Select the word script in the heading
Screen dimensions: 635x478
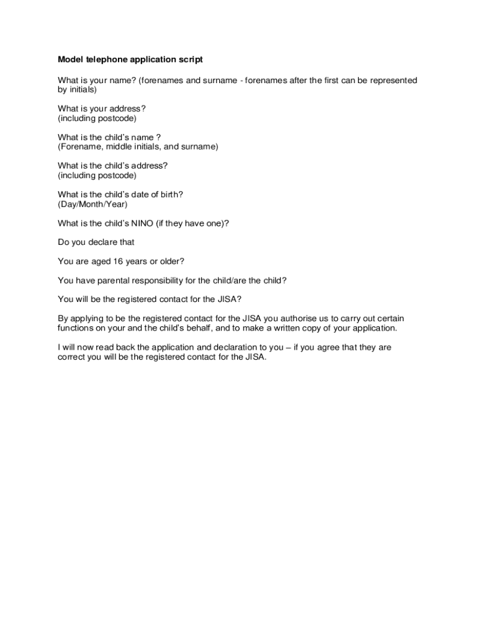[x=190, y=60]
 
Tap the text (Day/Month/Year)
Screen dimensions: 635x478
[x=92, y=204]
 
